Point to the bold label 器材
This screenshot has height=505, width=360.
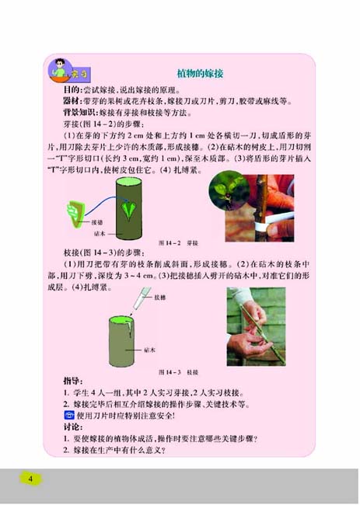pos(72,101)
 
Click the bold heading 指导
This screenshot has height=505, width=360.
pos(72,381)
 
